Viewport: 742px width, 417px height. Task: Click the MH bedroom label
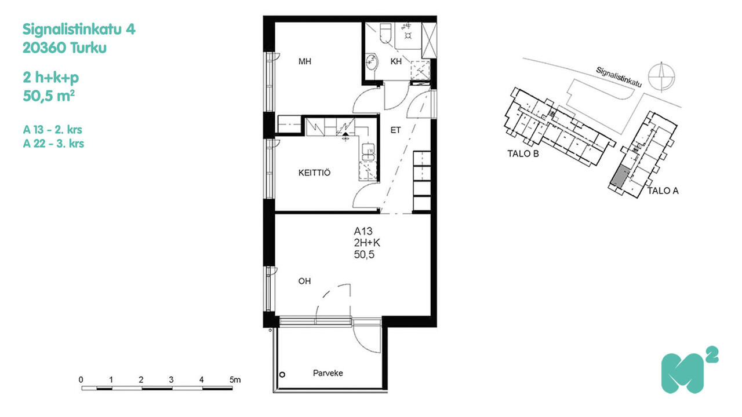(x=305, y=61)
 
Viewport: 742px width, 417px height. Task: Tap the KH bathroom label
(x=396, y=61)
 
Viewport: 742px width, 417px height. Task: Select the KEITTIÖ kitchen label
(x=314, y=173)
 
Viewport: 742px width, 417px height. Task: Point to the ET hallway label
(x=395, y=130)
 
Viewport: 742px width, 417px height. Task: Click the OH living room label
(x=304, y=281)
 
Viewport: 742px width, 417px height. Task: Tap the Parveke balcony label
(x=328, y=374)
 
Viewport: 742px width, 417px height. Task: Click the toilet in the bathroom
(x=385, y=34)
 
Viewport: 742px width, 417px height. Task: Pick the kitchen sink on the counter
(x=368, y=152)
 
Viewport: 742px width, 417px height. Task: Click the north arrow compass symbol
(x=661, y=77)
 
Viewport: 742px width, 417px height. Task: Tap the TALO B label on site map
(x=523, y=154)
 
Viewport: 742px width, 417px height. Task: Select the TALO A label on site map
(x=663, y=191)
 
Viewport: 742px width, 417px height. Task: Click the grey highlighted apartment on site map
(x=620, y=177)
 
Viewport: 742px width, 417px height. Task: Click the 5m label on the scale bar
(x=235, y=380)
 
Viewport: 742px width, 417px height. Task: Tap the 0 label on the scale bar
(x=81, y=380)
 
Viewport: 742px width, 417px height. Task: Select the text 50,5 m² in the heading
(x=49, y=96)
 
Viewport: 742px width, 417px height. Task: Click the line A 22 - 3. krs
(x=53, y=144)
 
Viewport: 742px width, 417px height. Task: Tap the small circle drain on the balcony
(x=282, y=375)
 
